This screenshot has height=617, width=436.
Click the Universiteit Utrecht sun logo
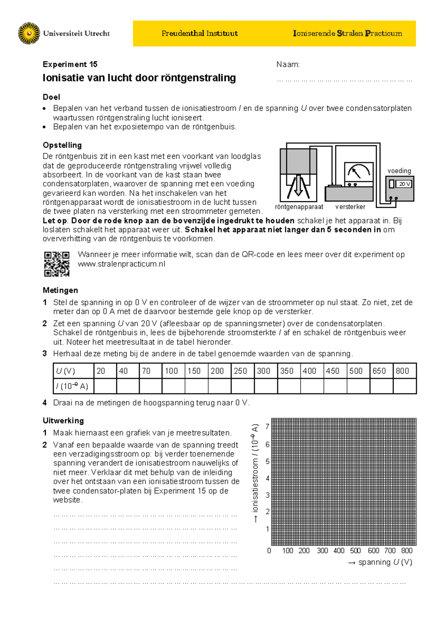[x=29, y=33]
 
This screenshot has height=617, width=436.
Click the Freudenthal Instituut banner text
[x=199, y=33]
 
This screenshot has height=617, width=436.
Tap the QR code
[x=57, y=264]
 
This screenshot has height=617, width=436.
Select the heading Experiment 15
[x=70, y=64]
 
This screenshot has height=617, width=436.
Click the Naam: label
[x=288, y=65]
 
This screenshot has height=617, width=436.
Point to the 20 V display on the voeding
[x=404, y=184]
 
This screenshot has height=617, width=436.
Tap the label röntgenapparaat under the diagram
[x=299, y=207]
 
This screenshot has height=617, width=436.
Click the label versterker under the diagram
[x=350, y=207]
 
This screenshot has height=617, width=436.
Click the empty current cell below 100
[x=173, y=386]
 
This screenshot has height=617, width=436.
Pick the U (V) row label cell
[x=73, y=371]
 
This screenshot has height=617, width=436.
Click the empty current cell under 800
[x=404, y=386]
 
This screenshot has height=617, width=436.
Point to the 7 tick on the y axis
[x=267, y=427]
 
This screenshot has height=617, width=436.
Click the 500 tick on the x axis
[x=355, y=551]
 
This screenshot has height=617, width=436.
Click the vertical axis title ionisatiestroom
[x=255, y=472]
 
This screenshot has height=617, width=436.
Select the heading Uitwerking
[x=63, y=421]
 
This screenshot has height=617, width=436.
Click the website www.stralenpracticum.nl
[x=121, y=264]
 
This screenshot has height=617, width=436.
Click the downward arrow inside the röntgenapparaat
[x=298, y=186]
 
